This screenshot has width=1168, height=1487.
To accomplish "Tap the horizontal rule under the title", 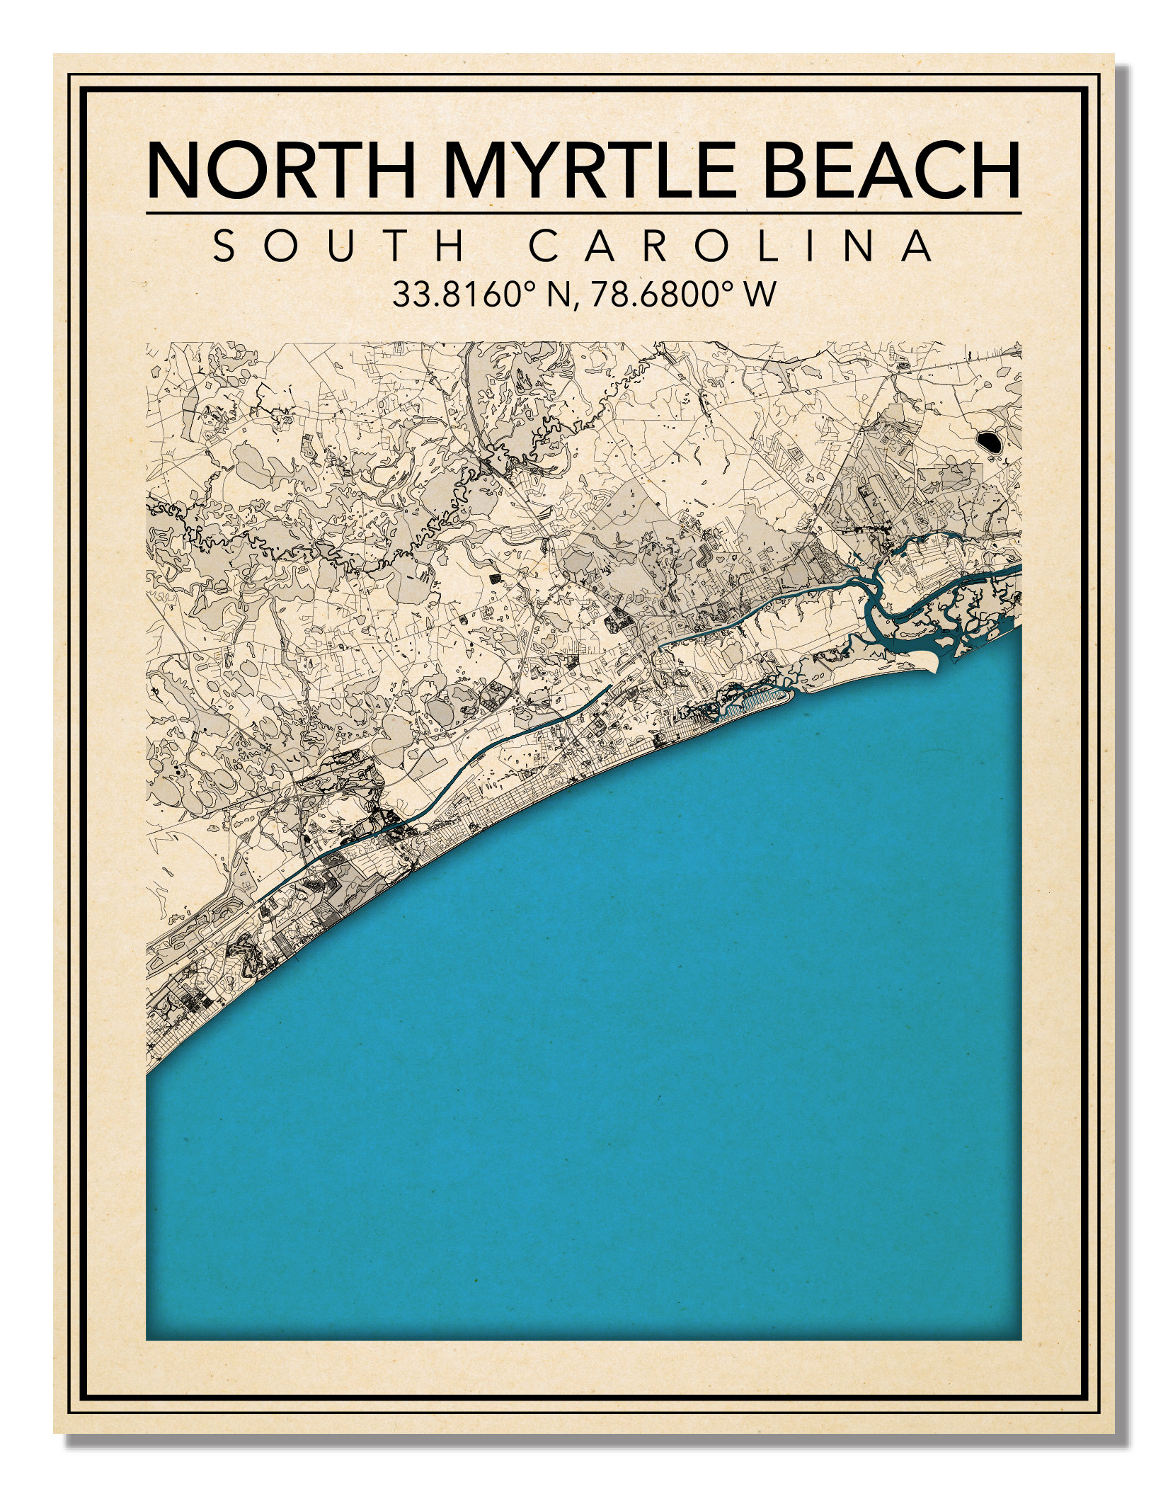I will tap(584, 212).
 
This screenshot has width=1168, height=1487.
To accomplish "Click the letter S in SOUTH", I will tap(225, 246).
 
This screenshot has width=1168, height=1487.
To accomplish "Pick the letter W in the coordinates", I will tap(760, 295).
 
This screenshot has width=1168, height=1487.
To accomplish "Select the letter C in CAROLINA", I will tap(544, 246).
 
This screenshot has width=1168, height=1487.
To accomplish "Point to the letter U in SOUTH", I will tap(339, 246).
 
